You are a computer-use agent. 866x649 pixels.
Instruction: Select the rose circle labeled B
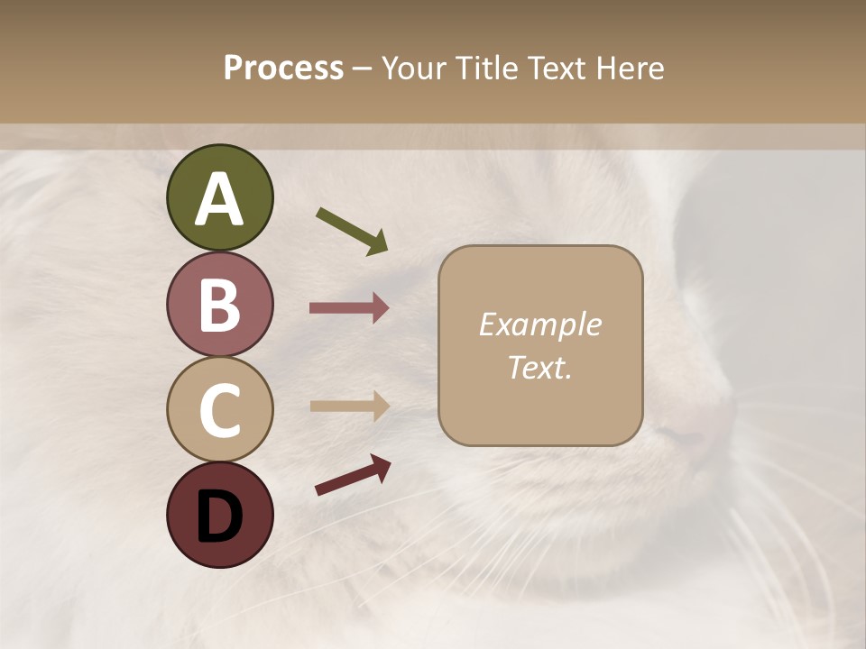(x=219, y=304)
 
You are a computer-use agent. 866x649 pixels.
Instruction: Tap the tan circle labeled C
(x=219, y=409)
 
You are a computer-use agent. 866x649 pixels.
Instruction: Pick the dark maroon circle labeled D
(x=219, y=515)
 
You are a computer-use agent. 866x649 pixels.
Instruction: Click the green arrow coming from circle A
(x=352, y=230)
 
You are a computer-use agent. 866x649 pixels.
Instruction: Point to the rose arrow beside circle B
(x=349, y=308)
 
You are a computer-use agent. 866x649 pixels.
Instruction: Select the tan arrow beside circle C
(x=349, y=406)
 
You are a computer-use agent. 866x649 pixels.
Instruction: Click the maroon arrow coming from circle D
(x=353, y=475)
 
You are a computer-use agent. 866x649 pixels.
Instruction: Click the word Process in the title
(x=283, y=68)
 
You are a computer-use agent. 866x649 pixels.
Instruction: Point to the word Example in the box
(x=539, y=324)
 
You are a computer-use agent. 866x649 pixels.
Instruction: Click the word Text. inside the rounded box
(x=539, y=367)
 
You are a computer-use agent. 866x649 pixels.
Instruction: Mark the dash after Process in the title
(x=363, y=69)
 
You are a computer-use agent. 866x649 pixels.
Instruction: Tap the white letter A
(x=219, y=199)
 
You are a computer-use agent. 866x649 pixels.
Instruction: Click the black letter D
(x=219, y=516)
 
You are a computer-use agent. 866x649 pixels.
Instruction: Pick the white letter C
(x=219, y=410)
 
